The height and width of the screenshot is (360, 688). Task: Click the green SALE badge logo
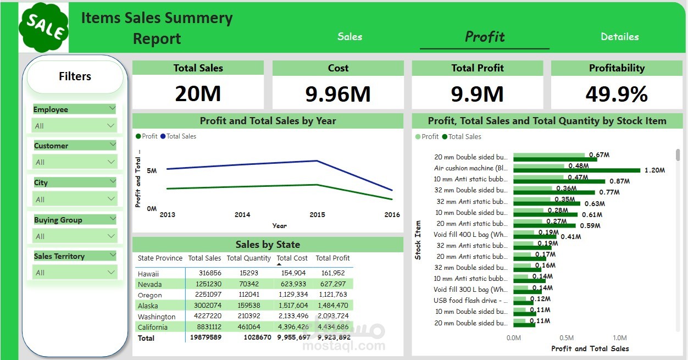pos(43,27)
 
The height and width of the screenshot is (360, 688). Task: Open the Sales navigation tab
pos(349,37)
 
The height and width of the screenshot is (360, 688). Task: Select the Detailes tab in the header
pos(619,37)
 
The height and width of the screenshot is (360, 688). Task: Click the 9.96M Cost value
pos(338,94)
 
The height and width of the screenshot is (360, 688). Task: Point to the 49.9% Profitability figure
pos(617,94)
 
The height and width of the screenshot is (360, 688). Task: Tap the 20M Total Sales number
pos(198,94)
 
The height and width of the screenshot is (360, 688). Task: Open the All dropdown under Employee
pos(74,126)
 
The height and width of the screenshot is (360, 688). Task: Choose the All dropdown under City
pos(74,200)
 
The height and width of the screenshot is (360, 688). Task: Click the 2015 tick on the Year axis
pos(317,215)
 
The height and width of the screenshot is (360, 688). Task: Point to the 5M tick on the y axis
pos(152,171)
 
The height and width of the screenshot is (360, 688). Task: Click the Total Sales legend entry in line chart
pos(181,136)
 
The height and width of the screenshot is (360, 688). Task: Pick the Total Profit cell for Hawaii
pos(333,273)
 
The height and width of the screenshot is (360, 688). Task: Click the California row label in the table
pos(153,327)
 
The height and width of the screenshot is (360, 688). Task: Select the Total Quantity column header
pos(248,258)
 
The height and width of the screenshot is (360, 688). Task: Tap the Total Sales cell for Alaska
pos(205,306)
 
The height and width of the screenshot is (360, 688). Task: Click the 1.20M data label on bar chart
pos(654,170)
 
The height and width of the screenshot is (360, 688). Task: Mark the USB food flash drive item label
pos(470,301)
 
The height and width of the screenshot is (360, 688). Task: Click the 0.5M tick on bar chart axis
pos(567,338)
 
